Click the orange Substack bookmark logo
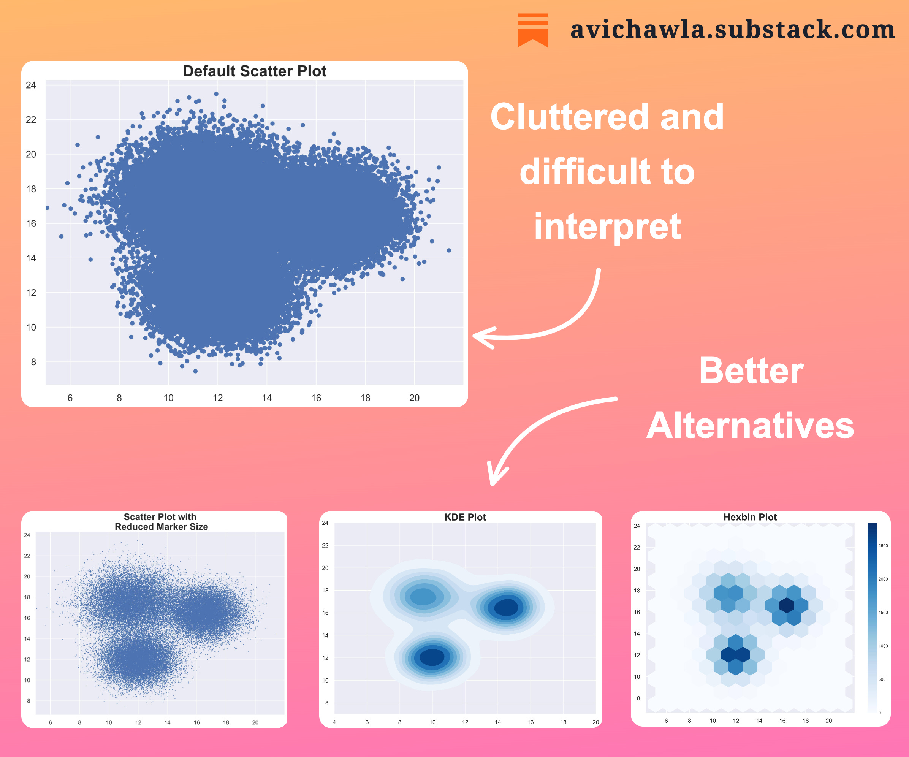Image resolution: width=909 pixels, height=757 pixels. click(x=532, y=30)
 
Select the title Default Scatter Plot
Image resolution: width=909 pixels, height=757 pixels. click(x=255, y=71)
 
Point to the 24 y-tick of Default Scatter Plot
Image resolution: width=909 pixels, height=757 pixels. click(x=31, y=85)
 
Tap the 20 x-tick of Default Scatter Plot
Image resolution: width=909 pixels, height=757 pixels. click(x=414, y=398)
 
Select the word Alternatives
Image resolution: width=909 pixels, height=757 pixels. click(x=750, y=426)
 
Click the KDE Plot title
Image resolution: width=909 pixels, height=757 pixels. click(x=465, y=517)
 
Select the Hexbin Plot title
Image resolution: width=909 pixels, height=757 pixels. click(x=750, y=517)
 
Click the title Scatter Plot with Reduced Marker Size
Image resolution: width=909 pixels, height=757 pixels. click(x=161, y=521)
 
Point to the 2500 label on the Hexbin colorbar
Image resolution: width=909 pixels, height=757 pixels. click(x=883, y=546)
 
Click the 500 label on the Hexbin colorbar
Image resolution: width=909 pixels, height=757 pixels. click(x=882, y=679)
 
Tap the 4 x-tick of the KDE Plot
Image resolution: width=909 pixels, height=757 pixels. click(x=334, y=722)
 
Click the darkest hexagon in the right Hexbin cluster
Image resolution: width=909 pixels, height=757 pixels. click(x=786, y=605)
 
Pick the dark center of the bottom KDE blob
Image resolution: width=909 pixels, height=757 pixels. click(x=432, y=657)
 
